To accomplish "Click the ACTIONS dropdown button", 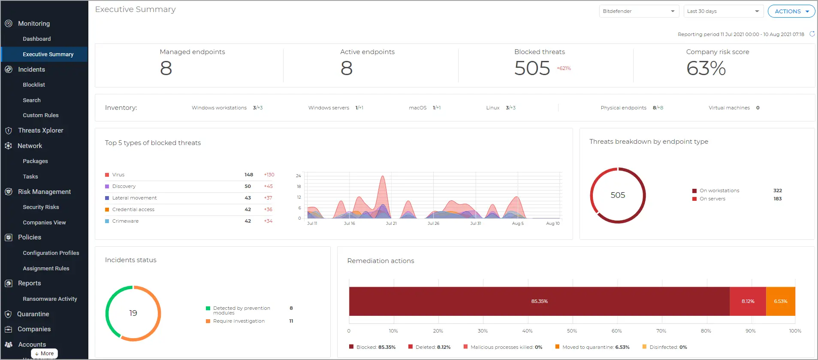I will pyautogui.click(x=791, y=12).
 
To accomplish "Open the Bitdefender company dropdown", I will pyautogui.click(x=638, y=12).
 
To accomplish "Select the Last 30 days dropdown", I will pyautogui.click(x=723, y=12).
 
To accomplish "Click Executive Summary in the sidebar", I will pyautogui.click(x=48, y=54).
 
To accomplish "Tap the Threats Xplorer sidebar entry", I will pyautogui.click(x=40, y=130).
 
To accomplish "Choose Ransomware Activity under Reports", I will pyautogui.click(x=50, y=299).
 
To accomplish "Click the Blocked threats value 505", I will pyautogui.click(x=532, y=68).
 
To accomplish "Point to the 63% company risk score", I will pyautogui.click(x=706, y=68).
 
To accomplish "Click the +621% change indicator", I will pyautogui.click(x=564, y=69).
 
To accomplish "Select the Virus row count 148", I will pyautogui.click(x=249, y=175).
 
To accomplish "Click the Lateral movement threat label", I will pyautogui.click(x=134, y=198).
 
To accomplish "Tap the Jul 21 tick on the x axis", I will pyautogui.click(x=391, y=224).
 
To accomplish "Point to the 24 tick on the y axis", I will pyautogui.click(x=299, y=176).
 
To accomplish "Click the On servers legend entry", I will pyautogui.click(x=712, y=199).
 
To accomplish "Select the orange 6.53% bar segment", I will pyautogui.click(x=780, y=301).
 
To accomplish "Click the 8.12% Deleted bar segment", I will pyautogui.click(x=748, y=301).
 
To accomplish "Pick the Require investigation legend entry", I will pyautogui.click(x=238, y=321).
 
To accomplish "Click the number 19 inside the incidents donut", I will pyautogui.click(x=133, y=313).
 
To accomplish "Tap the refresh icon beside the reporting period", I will pyautogui.click(x=812, y=34).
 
